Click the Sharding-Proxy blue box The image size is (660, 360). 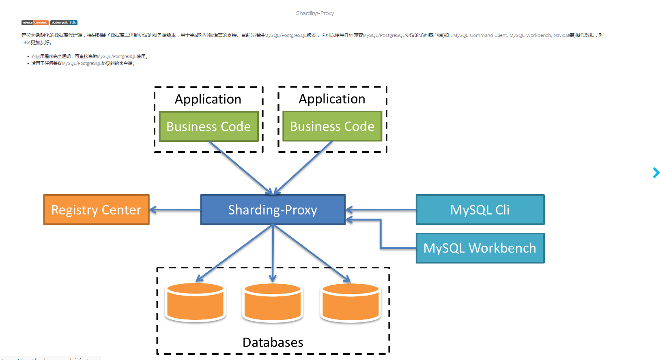tap(273, 210)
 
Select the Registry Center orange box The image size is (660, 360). tap(96, 210)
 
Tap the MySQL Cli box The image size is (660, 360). tap(480, 210)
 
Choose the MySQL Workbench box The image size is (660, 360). tap(480, 248)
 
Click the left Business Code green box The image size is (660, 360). tap(209, 126)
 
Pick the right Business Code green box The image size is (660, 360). tap(332, 126)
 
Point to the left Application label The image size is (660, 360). tap(208, 99)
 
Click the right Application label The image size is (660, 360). tap(332, 99)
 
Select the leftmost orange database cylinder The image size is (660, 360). tap(195, 302)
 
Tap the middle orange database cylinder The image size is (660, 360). tap(273, 302)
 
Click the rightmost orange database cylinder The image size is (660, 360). tap(350, 302)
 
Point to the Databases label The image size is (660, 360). tap(273, 342)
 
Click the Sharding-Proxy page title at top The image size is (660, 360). tap(315, 13)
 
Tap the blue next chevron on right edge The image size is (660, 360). tap(656, 173)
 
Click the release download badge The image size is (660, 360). tap(35, 23)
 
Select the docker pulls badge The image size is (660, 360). tap(64, 23)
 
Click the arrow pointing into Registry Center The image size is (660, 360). tap(174, 210)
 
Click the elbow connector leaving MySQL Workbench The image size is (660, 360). tap(381, 235)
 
